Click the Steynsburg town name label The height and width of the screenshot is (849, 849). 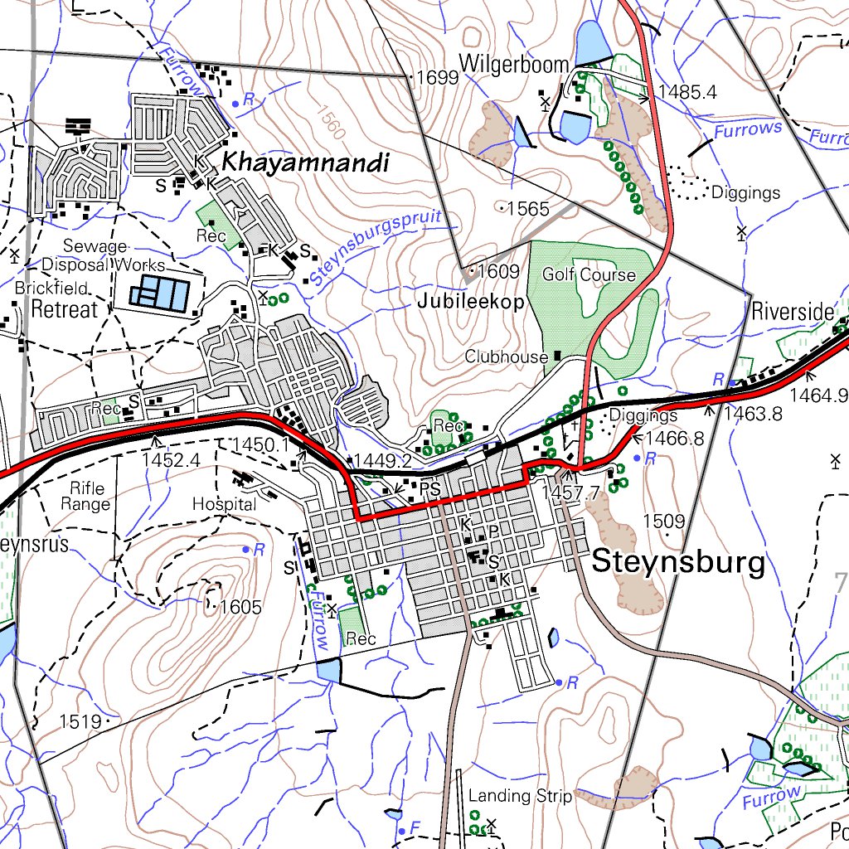678,563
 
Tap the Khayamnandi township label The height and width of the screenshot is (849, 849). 304,163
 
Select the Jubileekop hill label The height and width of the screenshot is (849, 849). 471,302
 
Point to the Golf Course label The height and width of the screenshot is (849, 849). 589,274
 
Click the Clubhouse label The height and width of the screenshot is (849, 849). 506,357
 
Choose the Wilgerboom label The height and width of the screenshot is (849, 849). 514,64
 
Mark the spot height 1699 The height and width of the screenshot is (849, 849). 437,79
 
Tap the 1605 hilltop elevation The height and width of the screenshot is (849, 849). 240,608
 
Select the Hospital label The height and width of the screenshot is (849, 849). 224,503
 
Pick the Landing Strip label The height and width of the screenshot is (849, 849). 520,796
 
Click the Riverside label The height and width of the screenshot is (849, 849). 792,313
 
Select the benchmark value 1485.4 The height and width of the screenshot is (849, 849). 687,92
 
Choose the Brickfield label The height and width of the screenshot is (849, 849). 51,289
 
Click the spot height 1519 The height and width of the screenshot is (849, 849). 80,721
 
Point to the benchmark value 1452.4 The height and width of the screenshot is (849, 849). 172,458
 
